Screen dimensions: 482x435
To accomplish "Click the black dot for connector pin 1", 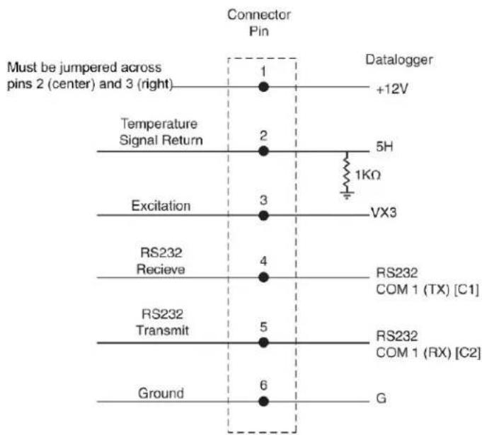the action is pyautogui.click(x=263, y=87).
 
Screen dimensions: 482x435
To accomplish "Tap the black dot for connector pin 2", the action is pyautogui.click(x=263, y=151).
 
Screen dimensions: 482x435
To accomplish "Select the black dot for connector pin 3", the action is pyautogui.click(x=263, y=215).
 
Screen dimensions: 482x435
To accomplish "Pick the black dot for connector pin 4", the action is pyautogui.click(x=263, y=277).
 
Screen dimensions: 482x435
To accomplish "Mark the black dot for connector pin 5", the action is pyautogui.click(x=263, y=342).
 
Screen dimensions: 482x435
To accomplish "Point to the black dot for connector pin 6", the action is pyautogui.click(x=263, y=401).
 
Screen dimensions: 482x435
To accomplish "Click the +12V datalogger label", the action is pyautogui.click(x=392, y=89).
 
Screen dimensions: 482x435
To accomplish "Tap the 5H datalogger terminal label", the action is pyautogui.click(x=384, y=147).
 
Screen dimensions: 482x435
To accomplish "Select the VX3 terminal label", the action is pyautogui.click(x=384, y=213).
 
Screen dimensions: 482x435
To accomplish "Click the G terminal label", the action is pyautogui.click(x=381, y=398).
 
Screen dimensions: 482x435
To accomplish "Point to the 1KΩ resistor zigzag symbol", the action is pyautogui.click(x=347, y=171).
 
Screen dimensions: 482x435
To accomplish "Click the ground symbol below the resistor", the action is pyautogui.click(x=347, y=195).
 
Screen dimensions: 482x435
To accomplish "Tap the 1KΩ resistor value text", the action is pyautogui.click(x=368, y=175).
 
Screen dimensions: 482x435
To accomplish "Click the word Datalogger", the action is pyautogui.click(x=399, y=60).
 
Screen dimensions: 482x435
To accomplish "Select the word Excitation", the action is pyautogui.click(x=161, y=206).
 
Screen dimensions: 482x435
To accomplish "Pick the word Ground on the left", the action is pyautogui.click(x=161, y=393).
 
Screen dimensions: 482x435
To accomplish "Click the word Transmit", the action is pyautogui.click(x=162, y=330).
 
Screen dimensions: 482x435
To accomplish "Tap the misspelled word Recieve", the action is pyautogui.click(x=161, y=269).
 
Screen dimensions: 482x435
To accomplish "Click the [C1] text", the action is pyautogui.click(x=466, y=289).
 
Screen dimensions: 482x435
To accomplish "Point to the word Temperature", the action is pyautogui.click(x=159, y=124).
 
